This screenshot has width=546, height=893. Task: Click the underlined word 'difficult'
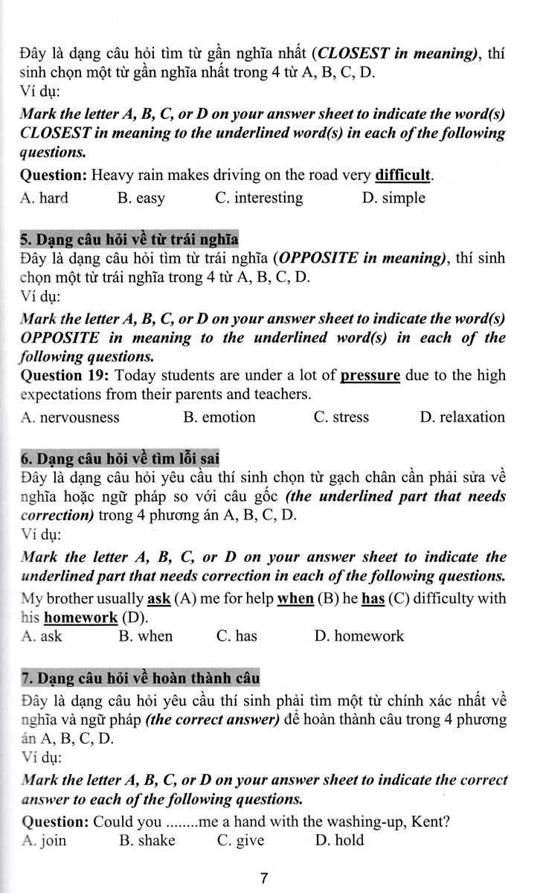click(403, 176)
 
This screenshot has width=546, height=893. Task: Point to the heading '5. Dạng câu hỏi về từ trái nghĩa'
click(128, 240)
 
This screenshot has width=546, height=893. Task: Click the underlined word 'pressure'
click(370, 374)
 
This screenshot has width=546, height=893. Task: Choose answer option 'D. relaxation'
click(462, 417)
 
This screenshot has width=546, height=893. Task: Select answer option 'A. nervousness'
click(71, 417)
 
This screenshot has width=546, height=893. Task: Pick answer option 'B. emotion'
click(219, 417)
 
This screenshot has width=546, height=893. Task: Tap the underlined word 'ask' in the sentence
click(160, 598)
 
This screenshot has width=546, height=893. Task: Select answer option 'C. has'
click(236, 636)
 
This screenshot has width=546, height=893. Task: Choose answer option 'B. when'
click(145, 636)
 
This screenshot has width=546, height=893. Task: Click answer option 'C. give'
click(240, 840)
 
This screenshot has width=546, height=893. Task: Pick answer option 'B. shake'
click(147, 840)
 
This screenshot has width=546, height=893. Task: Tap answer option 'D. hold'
click(339, 840)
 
